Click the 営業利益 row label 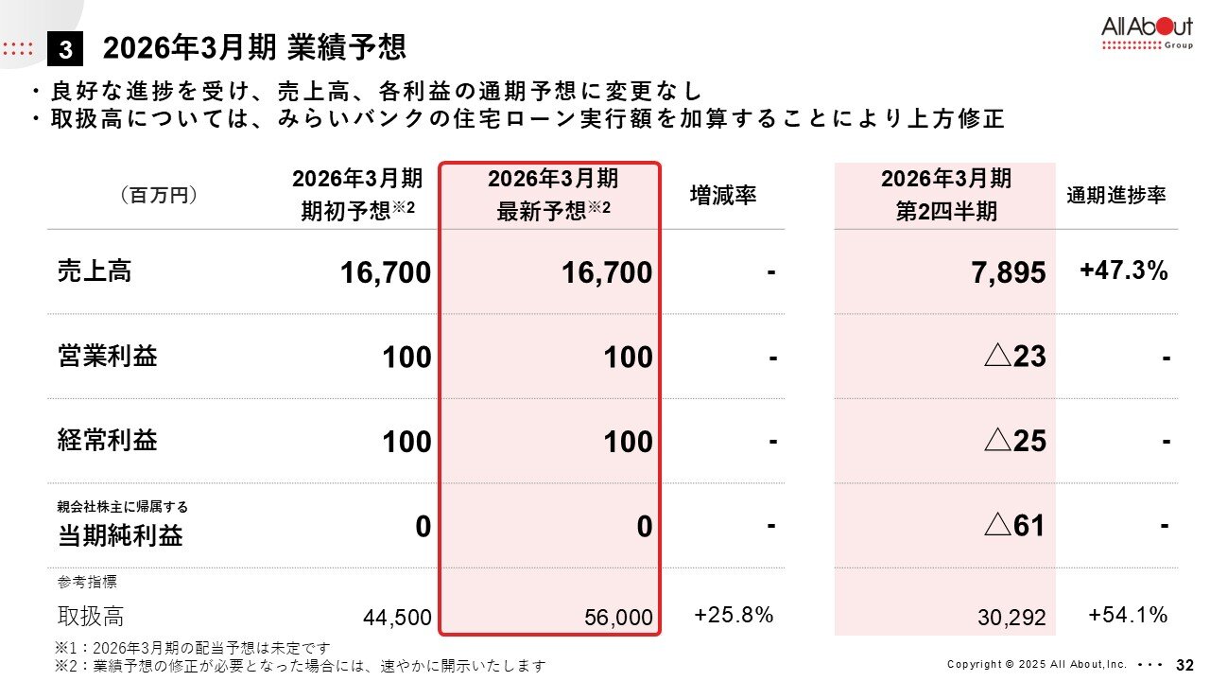[107, 357]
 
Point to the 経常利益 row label [107, 441]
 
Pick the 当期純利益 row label [120, 535]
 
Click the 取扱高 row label [91, 617]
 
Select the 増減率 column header [723, 196]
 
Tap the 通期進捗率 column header [1116, 196]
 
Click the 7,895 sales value [1008, 273]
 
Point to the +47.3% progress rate [1124, 271]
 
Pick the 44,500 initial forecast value [397, 619]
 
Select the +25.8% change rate [734, 615]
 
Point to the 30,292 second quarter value [1011, 619]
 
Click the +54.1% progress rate [1128, 615]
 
